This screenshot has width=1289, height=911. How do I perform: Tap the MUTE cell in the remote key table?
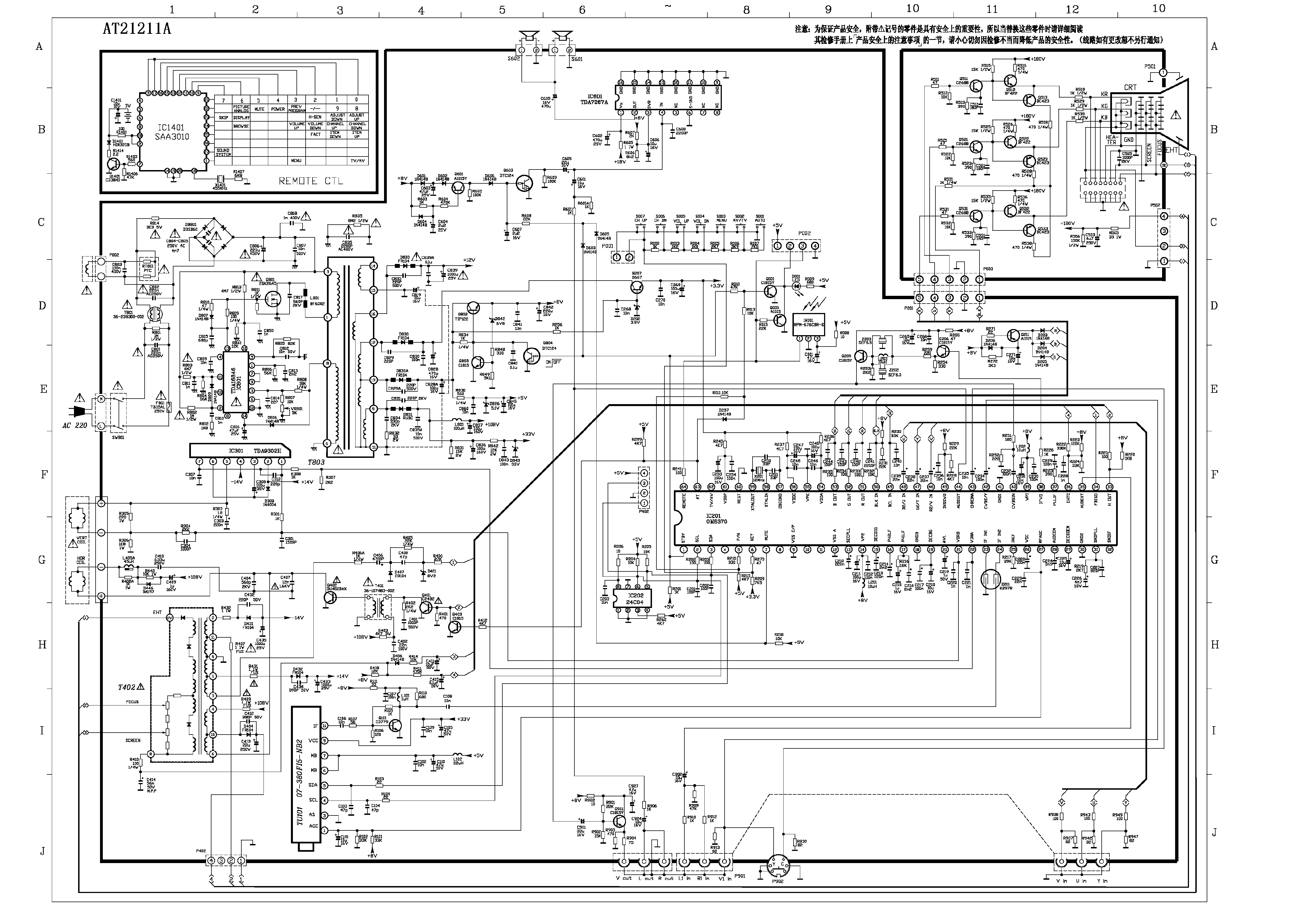[259, 109]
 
